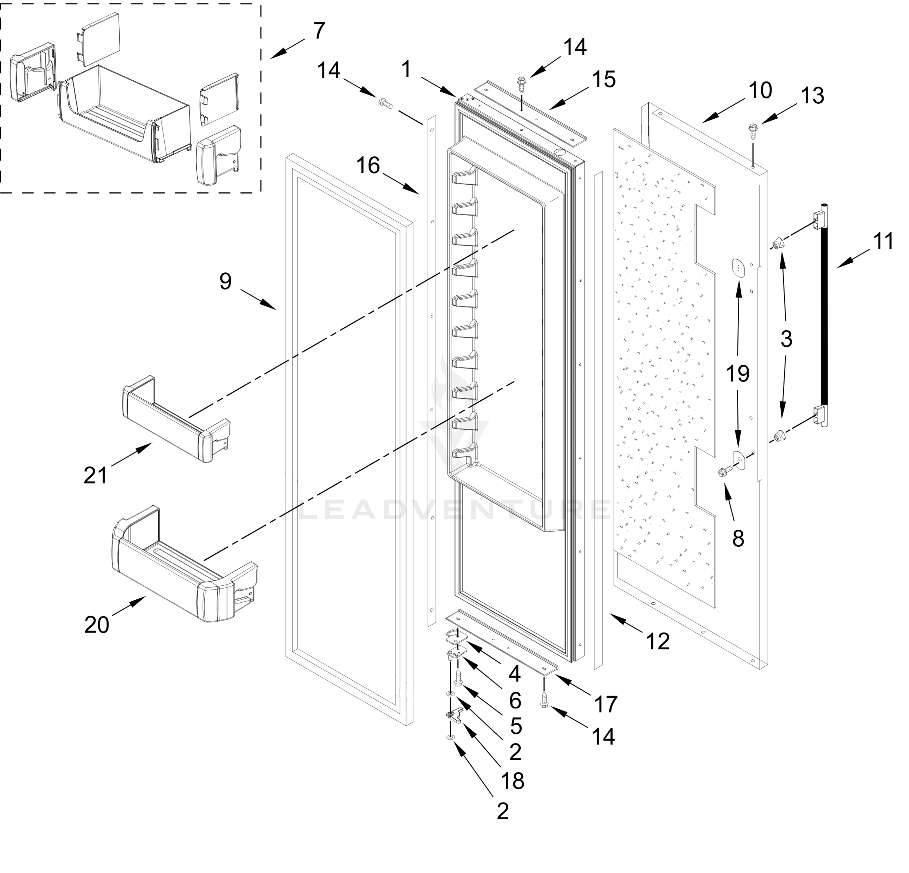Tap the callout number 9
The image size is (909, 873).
click(x=225, y=282)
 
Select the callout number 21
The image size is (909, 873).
click(x=96, y=476)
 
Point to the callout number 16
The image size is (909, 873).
click(x=368, y=166)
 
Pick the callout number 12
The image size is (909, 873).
click(x=658, y=642)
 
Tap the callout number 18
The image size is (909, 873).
click(x=512, y=781)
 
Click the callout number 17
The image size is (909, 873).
click(x=606, y=705)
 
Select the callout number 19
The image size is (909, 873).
click(x=737, y=374)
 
